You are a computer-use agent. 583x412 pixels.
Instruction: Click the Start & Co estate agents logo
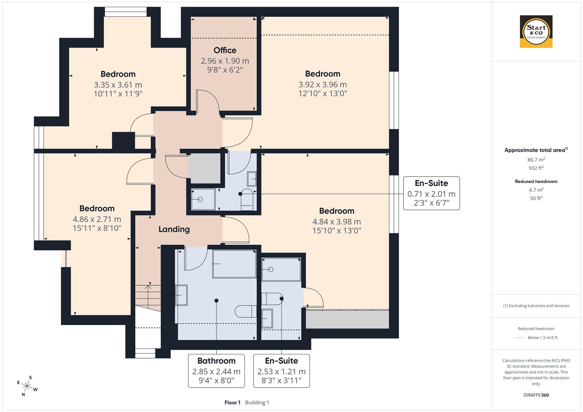pyautogui.click(x=536, y=31)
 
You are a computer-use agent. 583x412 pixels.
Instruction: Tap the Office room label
pyautogui.click(x=225, y=50)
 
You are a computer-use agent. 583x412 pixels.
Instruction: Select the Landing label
pyautogui.click(x=174, y=229)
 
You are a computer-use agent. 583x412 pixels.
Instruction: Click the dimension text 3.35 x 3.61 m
pyautogui.click(x=118, y=85)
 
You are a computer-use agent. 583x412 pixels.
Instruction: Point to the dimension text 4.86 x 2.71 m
pyautogui.click(x=97, y=219)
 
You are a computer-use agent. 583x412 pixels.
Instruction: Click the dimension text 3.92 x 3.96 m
pyautogui.click(x=323, y=84)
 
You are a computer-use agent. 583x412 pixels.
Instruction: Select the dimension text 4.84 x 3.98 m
pyautogui.click(x=336, y=222)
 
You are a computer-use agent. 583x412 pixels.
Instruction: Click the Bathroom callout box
pyautogui.click(x=216, y=370)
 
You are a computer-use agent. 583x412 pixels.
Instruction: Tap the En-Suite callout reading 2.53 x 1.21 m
pyautogui.click(x=281, y=370)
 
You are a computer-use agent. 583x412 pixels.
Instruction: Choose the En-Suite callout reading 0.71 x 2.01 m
pyautogui.click(x=431, y=193)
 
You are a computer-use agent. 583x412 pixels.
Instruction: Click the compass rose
pyautogui.click(x=27, y=386)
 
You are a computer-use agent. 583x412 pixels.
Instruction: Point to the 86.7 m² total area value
pyautogui.click(x=536, y=160)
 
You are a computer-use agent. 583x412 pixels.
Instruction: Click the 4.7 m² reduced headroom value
pyautogui.click(x=536, y=190)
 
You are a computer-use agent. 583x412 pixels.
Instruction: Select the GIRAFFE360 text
pyautogui.click(x=536, y=395)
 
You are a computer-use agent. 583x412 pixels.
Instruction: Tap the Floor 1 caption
pyautogui.click(x=232, y=402)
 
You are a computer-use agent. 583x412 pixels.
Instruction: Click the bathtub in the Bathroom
pyautogui.click(x=234, y=264)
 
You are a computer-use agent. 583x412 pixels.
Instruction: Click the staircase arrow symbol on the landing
pyautogui.click(x=148, y=291)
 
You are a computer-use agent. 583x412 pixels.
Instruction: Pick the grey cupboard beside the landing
pyautogui.click(x=205, y=168)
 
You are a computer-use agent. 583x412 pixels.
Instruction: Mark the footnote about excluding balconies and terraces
pyautogui.click(x=536, y=306)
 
